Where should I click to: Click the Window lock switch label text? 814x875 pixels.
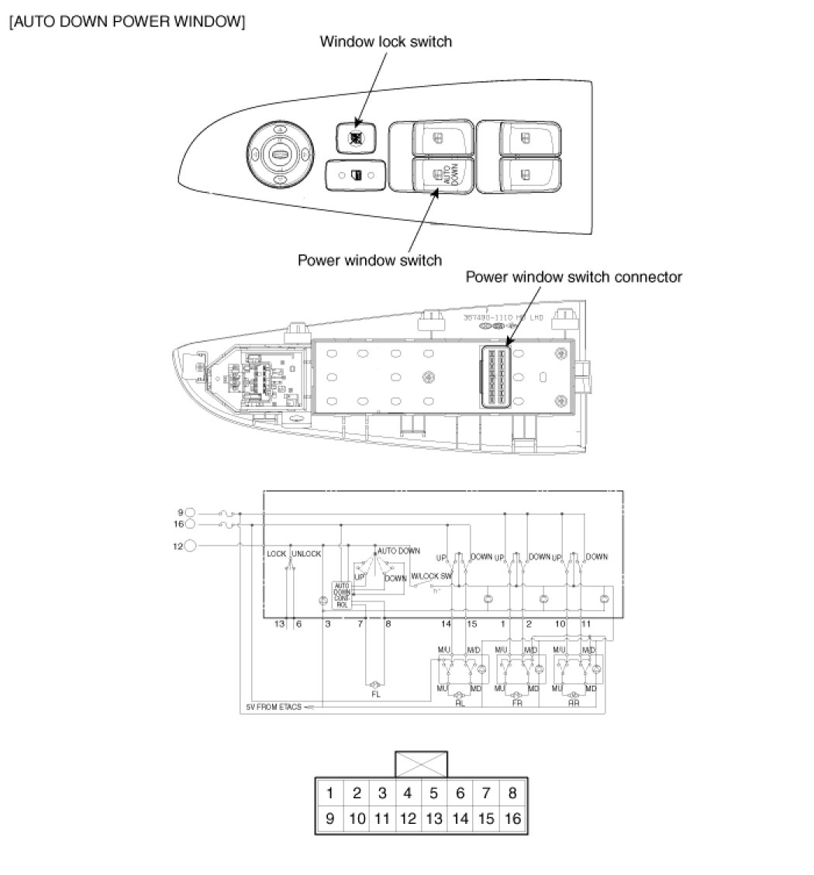(x=385, y=42)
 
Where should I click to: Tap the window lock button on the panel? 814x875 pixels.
(x=356, y=137)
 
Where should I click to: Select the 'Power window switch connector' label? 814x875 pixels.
(x=573, y=277)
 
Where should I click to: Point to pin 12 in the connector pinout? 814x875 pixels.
(x=408, y=818)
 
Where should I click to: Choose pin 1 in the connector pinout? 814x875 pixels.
(x=330, y=793)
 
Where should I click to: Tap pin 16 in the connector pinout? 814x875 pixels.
(x=512, y=818)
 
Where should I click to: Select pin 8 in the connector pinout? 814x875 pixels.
(x=512, y=793)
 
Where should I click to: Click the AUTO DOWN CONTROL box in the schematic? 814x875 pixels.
(x=342, y=595)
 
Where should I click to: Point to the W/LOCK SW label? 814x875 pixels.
(x=430, y=576)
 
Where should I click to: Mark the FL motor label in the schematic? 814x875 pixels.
(x=376, y=695)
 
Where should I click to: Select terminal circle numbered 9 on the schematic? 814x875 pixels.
(x=191, y=512)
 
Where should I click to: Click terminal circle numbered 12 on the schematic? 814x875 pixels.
(x=191, y=546)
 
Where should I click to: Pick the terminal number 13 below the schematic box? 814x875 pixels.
(x=280, y=623)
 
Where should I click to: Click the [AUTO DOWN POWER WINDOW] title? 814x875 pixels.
(x=127, y=22)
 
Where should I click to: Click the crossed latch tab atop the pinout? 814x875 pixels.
(x=421, y=763)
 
